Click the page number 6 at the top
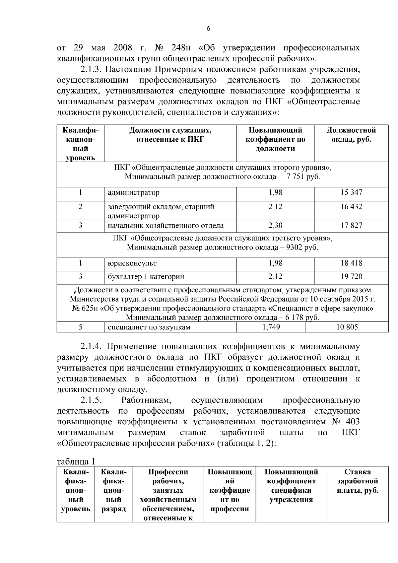coord(208,29)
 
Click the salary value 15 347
coord(351,192)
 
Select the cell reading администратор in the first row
coord(134,192)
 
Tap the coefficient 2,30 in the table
coord(275,226)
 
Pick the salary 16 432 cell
coord(351,207)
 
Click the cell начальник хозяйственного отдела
coord(166,226)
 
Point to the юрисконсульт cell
coord(132,263)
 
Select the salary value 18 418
coord(351,263)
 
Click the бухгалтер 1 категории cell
coord(146,277)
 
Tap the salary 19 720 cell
coord(351,277)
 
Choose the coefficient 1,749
coord(271,327)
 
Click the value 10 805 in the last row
coord(347,327)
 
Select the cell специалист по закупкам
coord(149,327)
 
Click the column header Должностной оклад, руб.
coord(351,135)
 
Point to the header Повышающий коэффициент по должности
coord(275,139)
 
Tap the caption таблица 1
coord(76,461)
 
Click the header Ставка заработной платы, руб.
coord(358,481)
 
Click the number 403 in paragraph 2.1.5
coord(352,422)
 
